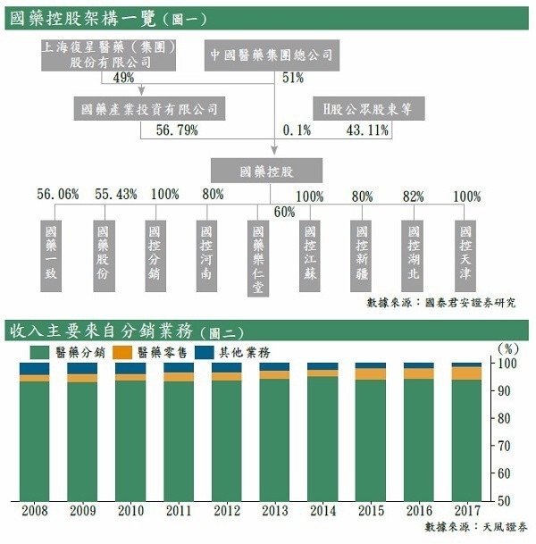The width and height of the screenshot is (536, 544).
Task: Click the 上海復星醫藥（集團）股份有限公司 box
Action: coord(110,54)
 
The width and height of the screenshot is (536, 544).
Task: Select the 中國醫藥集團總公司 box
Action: coord(271,54)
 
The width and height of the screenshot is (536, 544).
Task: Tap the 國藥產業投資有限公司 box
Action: coord(148,109)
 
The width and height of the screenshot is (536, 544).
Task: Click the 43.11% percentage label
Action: coord(367,130)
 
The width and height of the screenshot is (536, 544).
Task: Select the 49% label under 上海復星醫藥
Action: coord(124,78)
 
